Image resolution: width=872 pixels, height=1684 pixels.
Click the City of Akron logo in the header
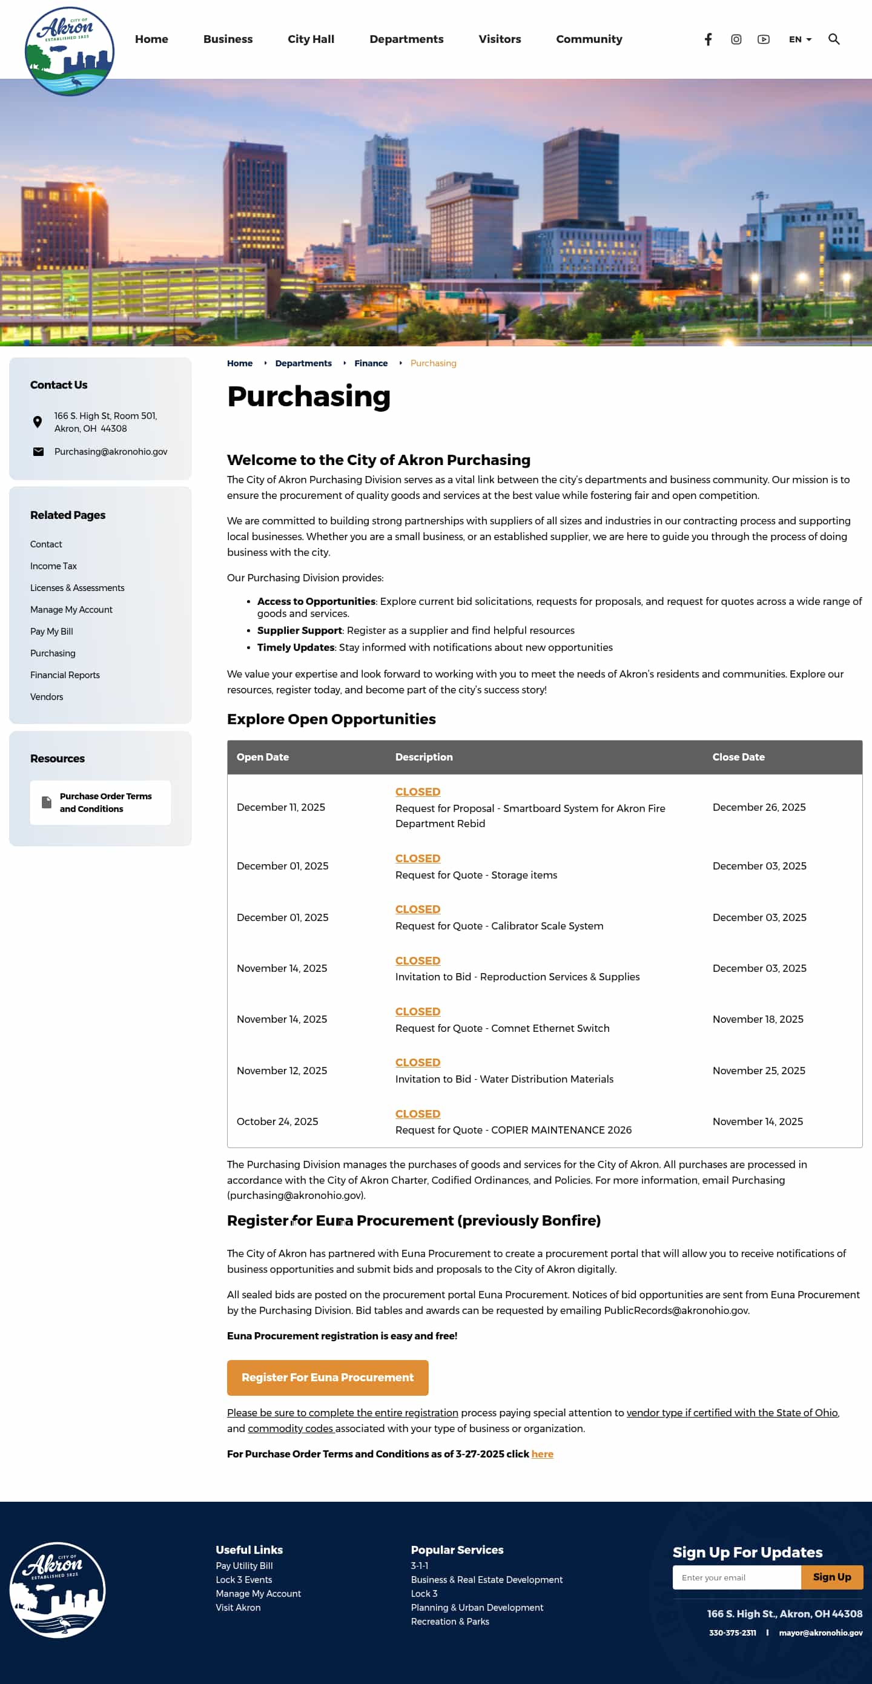click(x=69, y=50)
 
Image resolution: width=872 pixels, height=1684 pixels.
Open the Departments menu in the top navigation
click(x=406, y=39)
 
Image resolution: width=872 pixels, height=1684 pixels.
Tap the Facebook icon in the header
click(x=708, y=39)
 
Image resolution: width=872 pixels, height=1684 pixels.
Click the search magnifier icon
click(x=833, y=39)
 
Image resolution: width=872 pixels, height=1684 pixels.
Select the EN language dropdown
click(x=799, y=39)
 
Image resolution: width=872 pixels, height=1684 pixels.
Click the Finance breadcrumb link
click(x=371, y=363)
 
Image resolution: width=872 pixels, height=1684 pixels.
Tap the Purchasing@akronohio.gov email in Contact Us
click(x=110, y=452)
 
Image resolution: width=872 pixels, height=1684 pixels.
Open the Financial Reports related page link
click(x=65, y=675)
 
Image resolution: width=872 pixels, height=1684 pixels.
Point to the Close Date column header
click(x=738, y=757)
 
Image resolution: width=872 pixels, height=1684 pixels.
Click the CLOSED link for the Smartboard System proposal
click(x=418, y=791)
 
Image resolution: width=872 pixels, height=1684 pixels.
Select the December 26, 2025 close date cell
click(x=759, y=807)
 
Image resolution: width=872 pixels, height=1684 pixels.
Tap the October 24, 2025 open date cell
click(x=277, y=1122)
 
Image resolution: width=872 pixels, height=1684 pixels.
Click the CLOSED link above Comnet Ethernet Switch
click(x=418, y=1011)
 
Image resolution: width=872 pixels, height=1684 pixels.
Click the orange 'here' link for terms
click(x=542, y=1454)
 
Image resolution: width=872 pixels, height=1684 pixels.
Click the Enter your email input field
click(x=736, y=1577)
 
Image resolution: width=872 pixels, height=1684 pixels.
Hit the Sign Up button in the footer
click(x=831, y=1577)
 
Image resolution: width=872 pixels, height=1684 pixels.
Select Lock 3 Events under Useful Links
click(x=244, y=1579)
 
